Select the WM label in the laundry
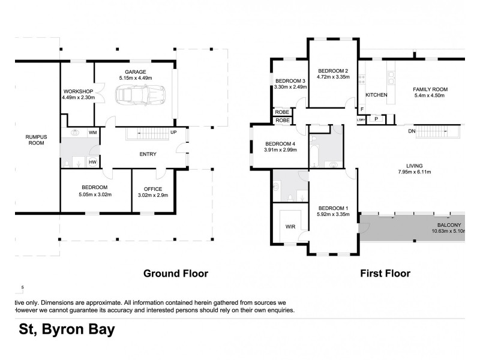coord(93,132)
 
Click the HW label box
coord(93,161)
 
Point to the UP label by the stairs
coord(173,132)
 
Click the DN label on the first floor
coord(412,131)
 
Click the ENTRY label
coord(148,154)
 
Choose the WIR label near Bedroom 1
coord(290,227)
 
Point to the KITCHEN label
coord(376,95)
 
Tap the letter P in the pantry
coord(376,119)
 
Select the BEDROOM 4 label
coord(280,143)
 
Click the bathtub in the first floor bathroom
coord(314,155)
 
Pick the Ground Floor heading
coord(175,274)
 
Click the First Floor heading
coord(385,274)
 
